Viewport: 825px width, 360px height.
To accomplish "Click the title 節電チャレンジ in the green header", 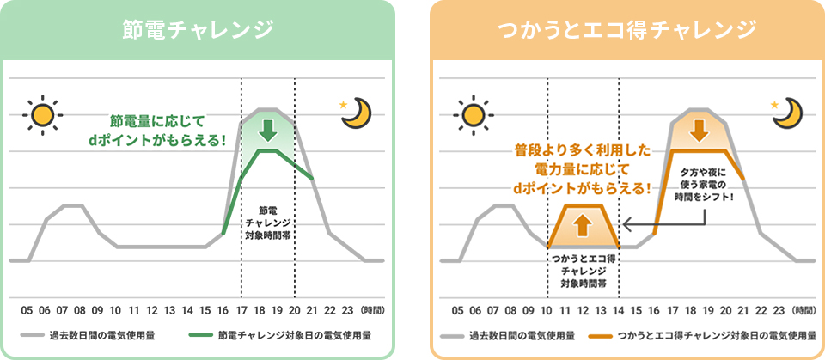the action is pyautogui.click(x=198, y=30).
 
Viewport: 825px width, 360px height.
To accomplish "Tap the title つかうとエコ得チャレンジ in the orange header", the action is pyautogui.click(x=626, y=30).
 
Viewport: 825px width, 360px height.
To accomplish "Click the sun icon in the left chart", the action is pyautogui.click(x=43, y=115).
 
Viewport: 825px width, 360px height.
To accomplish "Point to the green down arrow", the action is pyautogui.click(x=268, y=130).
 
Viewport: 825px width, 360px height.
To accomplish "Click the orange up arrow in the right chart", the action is pyautogui.click(x=582, y=225).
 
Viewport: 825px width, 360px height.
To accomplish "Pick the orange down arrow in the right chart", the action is pyautogui.click(x=700, y=130).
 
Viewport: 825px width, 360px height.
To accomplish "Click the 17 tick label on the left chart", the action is pyautogui.click(x=241, y=310).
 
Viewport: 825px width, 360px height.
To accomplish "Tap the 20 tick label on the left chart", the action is pyautogui.click(x=295, y=310).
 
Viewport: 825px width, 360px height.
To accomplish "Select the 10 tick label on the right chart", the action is pyautogui.click(x=547, y=310).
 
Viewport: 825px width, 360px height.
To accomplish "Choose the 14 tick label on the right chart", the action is pyautogui.click(x=619, y=310).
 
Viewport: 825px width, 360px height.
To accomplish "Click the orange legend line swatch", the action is pyautogui.click(x=602, y=335).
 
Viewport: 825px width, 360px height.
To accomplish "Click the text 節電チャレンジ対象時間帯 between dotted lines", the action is pyautogui.click(x=268, y=223).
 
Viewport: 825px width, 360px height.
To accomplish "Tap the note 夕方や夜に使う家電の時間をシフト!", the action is pyautogui.click(x=703, y=186).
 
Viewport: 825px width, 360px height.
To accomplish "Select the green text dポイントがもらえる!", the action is pyautogui.click(x=156, y=142).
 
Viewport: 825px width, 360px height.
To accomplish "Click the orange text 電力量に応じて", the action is pyautogui.click(x=583, y=169).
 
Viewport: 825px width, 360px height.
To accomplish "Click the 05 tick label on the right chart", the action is pyautogui.click(x=458, y=310).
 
